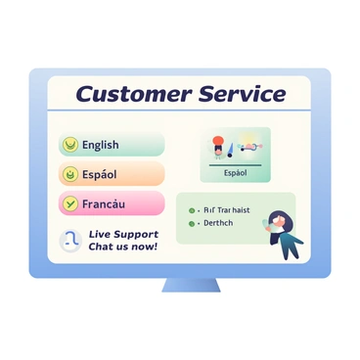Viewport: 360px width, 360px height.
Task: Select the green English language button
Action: (x=112, y=145)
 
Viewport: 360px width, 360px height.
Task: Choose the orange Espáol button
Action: (x=112, y=174)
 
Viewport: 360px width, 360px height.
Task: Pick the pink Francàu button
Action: (x=112, y=203)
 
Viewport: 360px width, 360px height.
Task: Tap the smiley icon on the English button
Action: (x=70, y=145)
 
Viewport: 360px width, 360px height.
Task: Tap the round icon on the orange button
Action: (x=70, y=174)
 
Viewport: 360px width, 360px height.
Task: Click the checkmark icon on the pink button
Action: (x=70, y=203)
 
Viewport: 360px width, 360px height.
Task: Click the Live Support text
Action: (x=122, y=234)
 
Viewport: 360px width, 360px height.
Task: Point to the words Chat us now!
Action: (x=122, y=247)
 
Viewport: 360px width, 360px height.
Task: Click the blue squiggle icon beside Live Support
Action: (x=70, y=241)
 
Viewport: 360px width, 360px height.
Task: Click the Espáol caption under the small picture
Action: (x=235, y=173)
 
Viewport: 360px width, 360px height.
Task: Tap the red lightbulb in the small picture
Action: (x=219, y=141)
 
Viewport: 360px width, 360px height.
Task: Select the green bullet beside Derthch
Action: (x=193, y=223)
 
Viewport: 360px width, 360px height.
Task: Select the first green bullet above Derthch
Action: (x=193, y=209)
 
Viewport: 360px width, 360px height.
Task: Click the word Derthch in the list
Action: (x=218, y=223)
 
